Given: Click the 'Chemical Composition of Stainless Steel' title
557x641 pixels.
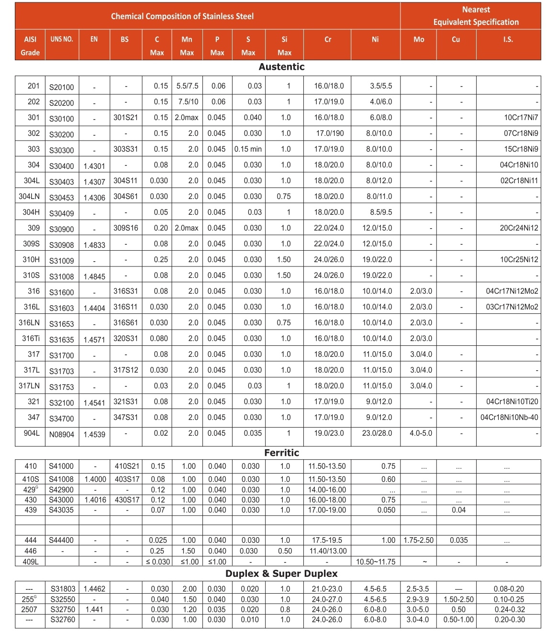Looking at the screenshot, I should click(x=182, y=16).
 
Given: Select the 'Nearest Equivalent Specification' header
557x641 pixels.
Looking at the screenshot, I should click(x=476, y=16).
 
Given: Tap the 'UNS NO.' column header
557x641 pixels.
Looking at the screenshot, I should click(x=62, y=39).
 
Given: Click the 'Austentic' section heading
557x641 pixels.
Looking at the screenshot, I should click(x=281, y=67).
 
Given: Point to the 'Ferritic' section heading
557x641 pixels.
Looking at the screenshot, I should click(x=281, y=453).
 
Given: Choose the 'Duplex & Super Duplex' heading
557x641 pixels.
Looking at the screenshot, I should click(x=281, y=574).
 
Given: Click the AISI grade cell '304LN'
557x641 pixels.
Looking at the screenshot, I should click(x=29, y=197).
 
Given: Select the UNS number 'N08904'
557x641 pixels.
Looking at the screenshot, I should click(x=62, y=434).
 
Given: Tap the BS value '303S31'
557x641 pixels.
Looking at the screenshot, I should click(x=125, y=149).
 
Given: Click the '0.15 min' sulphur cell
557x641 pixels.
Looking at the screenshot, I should click(x=248, y=149).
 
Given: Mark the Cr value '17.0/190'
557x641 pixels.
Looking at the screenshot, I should click(x=329, y=133).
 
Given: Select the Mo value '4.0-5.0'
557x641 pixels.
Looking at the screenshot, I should click(x=421, y=433).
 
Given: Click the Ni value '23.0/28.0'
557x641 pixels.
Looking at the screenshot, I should click(x=377, y=433).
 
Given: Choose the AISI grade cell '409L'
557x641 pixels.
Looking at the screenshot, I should click(x=31, y=562).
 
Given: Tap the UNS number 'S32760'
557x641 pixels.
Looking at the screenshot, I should click(x=62, y=620).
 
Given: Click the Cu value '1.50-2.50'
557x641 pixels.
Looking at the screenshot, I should click(x=458, y=599).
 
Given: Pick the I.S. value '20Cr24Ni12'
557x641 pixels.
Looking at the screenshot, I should click(x=519, y=228).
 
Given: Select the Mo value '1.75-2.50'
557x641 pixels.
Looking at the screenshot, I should click(x=419, y=541).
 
